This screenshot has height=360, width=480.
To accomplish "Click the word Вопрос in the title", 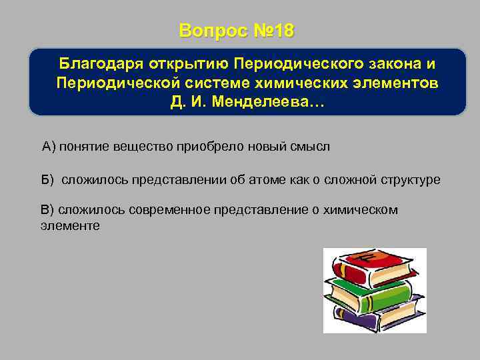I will tap(212, 31).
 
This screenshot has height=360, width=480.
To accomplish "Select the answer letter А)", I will tap(49, 147).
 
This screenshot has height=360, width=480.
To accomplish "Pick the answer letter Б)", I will tap(48, 180).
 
